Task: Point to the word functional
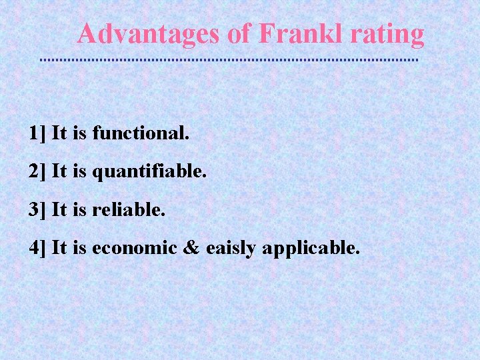141,133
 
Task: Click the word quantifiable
149,172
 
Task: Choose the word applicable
311,249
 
